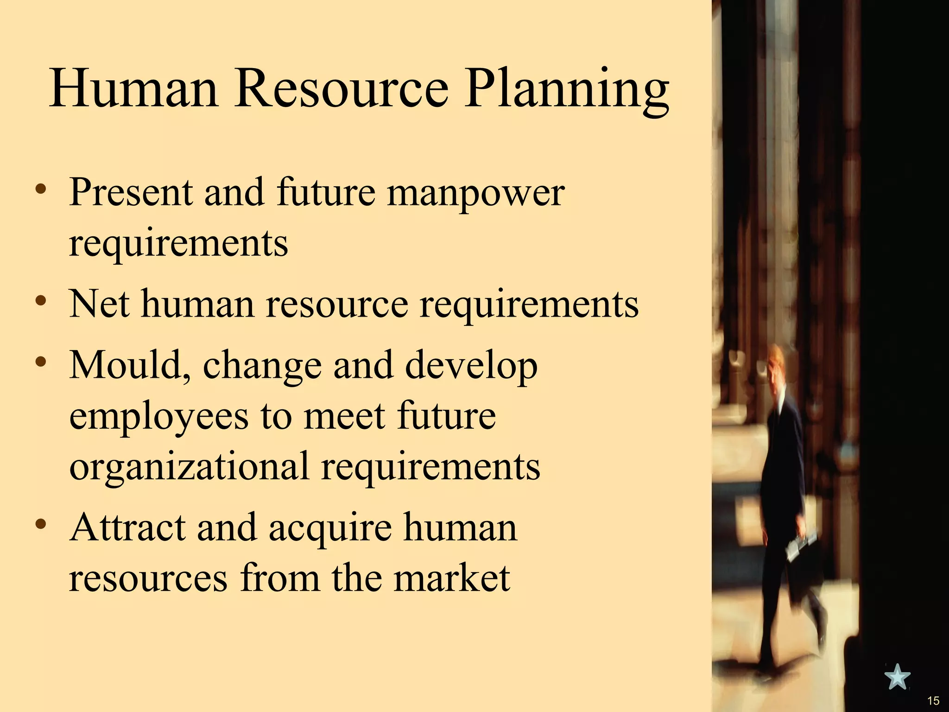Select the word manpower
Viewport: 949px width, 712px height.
pyautogui.click(x=476, y=194)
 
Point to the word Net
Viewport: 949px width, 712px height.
pyautogui.click(x=99, y=304)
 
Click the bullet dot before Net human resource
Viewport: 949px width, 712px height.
pyautogui.click(x=41, y=301)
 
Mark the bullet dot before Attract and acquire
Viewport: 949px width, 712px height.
pyautogui.click(x=41, y=524)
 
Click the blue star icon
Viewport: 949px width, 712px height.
pyautogui.click(x=897, y=677)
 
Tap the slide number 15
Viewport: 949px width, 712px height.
pyautogui.click(x=933, y=700)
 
